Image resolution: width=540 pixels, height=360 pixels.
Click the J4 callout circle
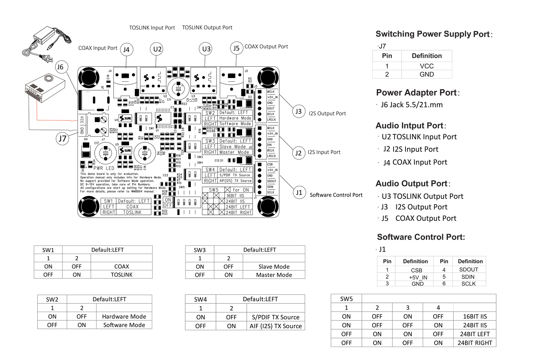click(126, 50)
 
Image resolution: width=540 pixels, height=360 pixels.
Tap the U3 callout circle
click(206, 49)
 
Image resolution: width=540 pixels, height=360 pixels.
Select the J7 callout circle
click(62, 139)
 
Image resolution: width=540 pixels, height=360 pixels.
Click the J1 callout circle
click(299, 193)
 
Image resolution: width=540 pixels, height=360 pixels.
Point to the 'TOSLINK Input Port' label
click(152, 28)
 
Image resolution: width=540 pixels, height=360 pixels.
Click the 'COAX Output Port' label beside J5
click(266, 46)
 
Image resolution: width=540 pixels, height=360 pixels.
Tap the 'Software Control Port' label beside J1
click(336, 195)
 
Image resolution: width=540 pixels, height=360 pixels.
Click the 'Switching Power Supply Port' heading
click(432, 34)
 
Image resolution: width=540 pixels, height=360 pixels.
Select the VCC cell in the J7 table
click(426, 66)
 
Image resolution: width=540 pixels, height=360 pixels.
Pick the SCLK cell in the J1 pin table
click(468, 283)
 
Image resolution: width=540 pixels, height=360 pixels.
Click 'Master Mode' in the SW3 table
click(274, 275)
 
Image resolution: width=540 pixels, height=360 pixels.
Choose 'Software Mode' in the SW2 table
click(124, 325)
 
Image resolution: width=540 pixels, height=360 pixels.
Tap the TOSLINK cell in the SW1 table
click(121, 275)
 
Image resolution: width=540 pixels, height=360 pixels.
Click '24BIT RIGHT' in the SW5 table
click(475, 343)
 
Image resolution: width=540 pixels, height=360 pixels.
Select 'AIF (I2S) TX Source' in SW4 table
click(275, 326)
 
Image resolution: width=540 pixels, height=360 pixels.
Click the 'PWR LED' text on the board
click(104, 168)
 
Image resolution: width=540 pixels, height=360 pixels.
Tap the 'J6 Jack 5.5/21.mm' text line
click(411, 105)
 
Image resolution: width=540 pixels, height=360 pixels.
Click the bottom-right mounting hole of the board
click(268, 207)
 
